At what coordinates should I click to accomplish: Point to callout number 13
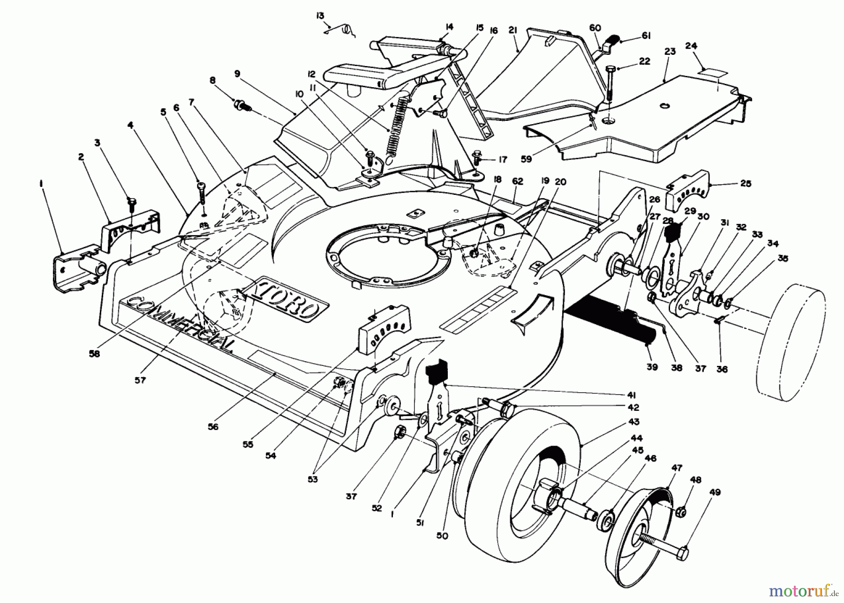coord(320,16)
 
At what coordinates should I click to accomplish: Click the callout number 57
coord(140,380)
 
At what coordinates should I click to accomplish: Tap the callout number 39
coord(652,367)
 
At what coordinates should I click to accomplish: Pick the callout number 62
coord(517,181)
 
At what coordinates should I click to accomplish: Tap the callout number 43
coord(633,422)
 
